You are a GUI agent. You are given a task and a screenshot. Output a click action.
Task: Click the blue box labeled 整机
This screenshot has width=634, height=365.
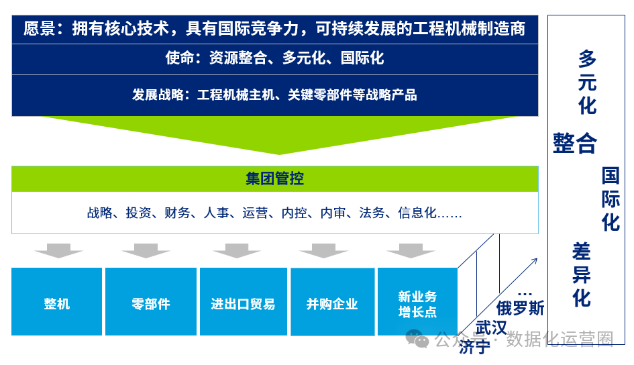click(57, 303)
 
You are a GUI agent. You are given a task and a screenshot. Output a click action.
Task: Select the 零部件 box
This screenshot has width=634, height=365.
click(151, 303)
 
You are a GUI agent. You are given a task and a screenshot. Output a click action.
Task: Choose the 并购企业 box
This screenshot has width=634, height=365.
click(332, 303)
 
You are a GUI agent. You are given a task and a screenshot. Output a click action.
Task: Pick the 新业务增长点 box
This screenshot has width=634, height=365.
click(417, 303)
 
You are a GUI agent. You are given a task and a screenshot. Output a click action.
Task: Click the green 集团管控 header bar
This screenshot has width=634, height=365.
click(274, 178)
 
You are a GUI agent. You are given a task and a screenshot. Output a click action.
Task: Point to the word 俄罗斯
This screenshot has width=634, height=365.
click(520, 308)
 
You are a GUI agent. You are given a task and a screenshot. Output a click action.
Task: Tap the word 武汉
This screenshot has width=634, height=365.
click(491, 328)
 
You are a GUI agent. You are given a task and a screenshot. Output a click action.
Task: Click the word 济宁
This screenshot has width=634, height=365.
click(475, 347)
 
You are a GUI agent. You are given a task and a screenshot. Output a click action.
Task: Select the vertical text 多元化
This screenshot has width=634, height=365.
click(587, 83)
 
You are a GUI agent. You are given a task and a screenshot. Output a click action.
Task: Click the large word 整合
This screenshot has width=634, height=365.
click(575, 142)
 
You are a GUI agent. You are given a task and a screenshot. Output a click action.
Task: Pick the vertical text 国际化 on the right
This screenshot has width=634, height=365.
click(610, 199)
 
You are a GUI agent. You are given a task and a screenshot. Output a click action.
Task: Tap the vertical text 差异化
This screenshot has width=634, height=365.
click(581, 274)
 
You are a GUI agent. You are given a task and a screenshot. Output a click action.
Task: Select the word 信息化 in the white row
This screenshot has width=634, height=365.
click(417, 213)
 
